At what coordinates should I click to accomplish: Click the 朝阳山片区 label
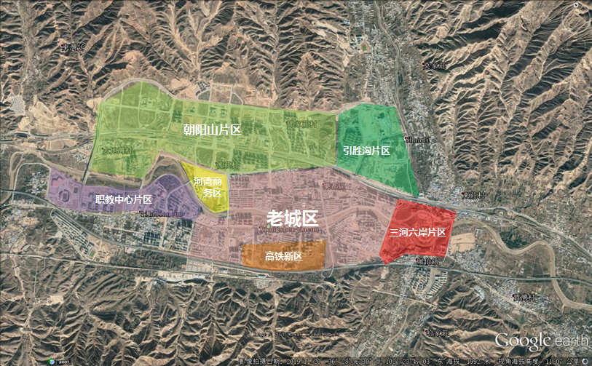(x=212, y=130)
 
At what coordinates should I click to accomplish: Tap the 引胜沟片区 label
(x=367, y=151)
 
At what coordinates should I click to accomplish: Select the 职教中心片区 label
(x=123, y=199)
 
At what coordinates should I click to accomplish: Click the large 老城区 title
(x=292, y=217)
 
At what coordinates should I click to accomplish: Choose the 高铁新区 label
(x=284, y=255)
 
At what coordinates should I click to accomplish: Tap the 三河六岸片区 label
(x=417, y=232)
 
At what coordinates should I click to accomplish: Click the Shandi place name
(x=418, y=139)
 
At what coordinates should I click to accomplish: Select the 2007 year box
(x=63, y=360)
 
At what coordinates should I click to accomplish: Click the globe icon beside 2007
(x=50, y=360)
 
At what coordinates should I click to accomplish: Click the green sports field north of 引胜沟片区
(x=364, y=48)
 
